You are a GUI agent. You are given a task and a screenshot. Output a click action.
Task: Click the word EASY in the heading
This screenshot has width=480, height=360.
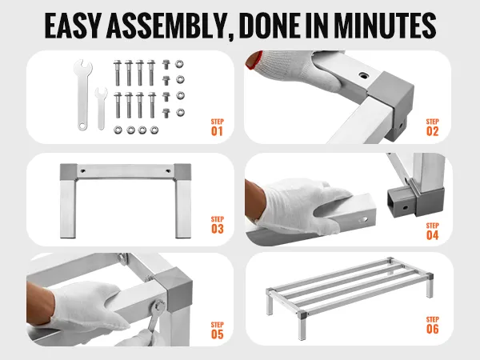pyautogui.click(x=73, y=26)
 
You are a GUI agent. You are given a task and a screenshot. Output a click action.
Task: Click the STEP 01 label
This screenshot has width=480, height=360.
pyautogui.click(x=217, y=127)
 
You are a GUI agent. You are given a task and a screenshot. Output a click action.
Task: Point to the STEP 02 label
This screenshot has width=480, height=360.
pyautogui.click(x=432, y=127)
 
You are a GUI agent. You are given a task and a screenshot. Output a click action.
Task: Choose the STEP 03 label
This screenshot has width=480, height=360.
pyautogui.click(x=217, y=225)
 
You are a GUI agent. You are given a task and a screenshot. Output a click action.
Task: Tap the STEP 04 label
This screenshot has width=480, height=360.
pyautogui.click(x=432, y=231)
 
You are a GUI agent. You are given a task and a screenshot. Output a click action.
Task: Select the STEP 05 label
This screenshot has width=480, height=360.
pyautogui.click(x=217, y=330)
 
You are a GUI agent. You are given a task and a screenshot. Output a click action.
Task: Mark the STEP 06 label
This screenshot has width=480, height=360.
pyautogui.click(x=432, y=325)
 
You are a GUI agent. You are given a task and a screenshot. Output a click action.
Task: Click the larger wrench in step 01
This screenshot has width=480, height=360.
pyautogui.click(x=82, y=95)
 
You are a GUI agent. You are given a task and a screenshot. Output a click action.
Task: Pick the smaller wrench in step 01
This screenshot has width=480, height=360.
pyautogui.click(x=101, y=109)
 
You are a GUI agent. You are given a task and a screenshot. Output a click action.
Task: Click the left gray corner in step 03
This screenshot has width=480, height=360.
pyautogui.click(x=68, y=172)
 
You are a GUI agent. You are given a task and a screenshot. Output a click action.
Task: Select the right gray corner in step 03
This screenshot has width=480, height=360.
pyautogui.click(x=182, y=172)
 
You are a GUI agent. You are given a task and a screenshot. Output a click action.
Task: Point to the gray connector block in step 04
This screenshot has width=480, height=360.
pyautogui.click(x=414, y=202)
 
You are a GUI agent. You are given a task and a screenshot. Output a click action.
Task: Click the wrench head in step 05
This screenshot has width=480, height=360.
pyautogui.click(x=159, y=307)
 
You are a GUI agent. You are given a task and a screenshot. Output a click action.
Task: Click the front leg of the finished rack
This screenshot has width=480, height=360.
pyautogui.click(x=302, y=326)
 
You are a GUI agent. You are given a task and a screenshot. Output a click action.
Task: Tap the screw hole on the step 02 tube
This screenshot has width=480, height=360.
pyautogui.click(x=364, y=75)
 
